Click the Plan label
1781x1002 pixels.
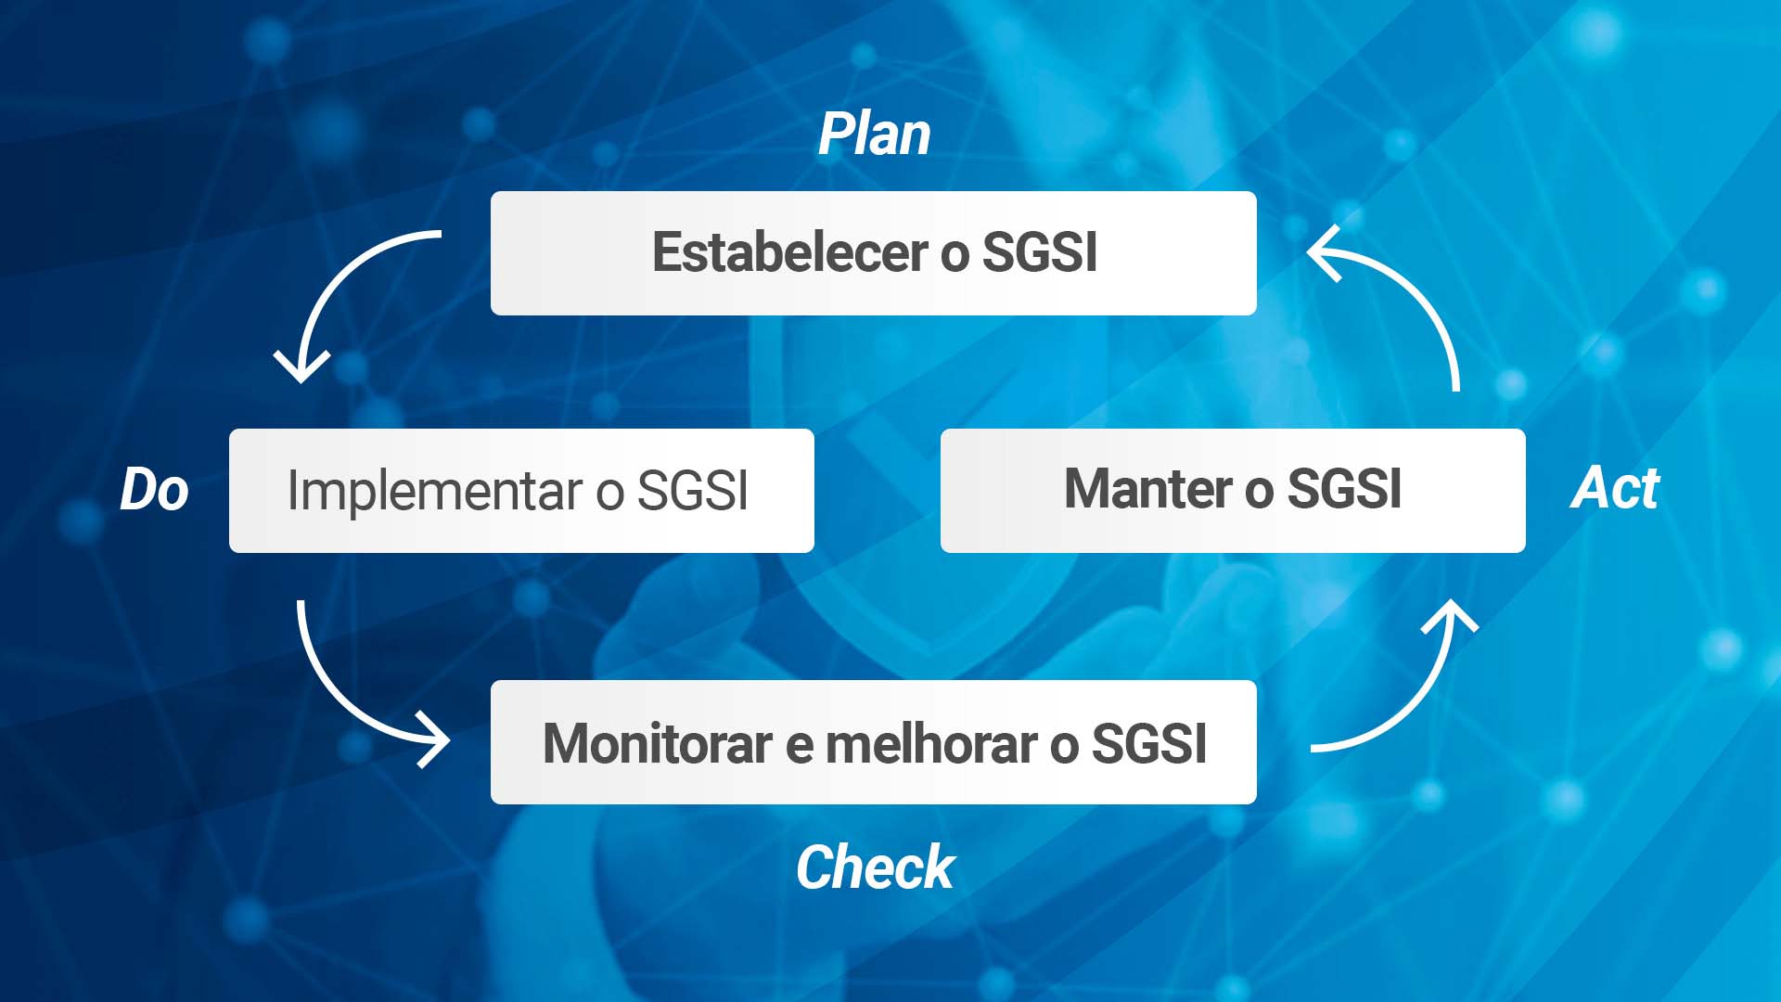click(x=874, y=135)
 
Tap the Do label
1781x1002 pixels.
click(x=154, y=489)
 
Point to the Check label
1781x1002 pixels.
click(x=875, y=867)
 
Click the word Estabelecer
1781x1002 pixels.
click(x=790, y=252)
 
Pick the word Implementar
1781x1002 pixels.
click(x=434, y=491)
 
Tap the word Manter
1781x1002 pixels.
click(x=1148, y=489)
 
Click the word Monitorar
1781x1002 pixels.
click(x=658, y=744)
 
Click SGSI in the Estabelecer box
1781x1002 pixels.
click(x=1040, y=252)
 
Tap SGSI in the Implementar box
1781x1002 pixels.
click(x=692, y=491)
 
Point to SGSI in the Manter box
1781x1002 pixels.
click(x=1345, y=489)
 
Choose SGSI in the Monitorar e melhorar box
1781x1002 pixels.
click(x=1149, y=744)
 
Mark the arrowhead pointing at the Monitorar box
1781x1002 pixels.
click(x=434, y=740)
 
